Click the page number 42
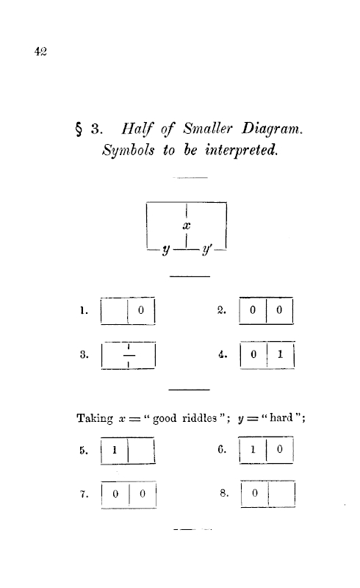[x=40, y=51]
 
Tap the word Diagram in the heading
[x=272, y=129]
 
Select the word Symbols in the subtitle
[x=129, y=151]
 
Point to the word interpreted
[x=242, y=150]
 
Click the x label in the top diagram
[x=187, y=226]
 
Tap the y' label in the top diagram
[x=206, y=249]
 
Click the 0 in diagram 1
[x=141, y=310]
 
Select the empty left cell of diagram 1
[x=115, y=310]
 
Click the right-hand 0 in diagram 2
[x=279, y=309]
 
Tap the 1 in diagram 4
[x=280, y=354]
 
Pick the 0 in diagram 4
[x=253, y=354]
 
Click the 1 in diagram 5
[x=115, y=450]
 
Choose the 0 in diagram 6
[x=279, y=449]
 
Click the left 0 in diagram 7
[x=115, y=494]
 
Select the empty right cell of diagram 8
[x=281, y=493]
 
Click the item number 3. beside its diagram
[x=84, y=354]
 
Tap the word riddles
[x=200, y=417]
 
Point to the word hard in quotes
[x=281, y=417]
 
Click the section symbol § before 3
[x=79, y=130]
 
